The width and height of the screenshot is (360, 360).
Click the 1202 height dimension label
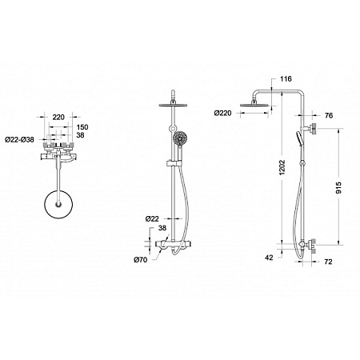[x=282, y=167]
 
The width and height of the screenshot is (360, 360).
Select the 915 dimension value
[x=338, y=188]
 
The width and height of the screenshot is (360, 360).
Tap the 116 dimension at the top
[x=286, y=78]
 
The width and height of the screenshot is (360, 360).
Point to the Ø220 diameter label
[x=222, y=114]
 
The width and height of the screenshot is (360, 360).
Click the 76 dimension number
[x=329, y=115]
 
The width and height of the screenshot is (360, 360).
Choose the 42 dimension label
[x=270, y=258]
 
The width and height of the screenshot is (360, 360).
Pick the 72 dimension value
[x=328, y=262]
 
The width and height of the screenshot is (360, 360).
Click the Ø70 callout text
[x=140, y=259]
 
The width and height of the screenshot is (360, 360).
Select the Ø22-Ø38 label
[x=20, y=139]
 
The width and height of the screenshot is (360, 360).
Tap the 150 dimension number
[x=82, y=127]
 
